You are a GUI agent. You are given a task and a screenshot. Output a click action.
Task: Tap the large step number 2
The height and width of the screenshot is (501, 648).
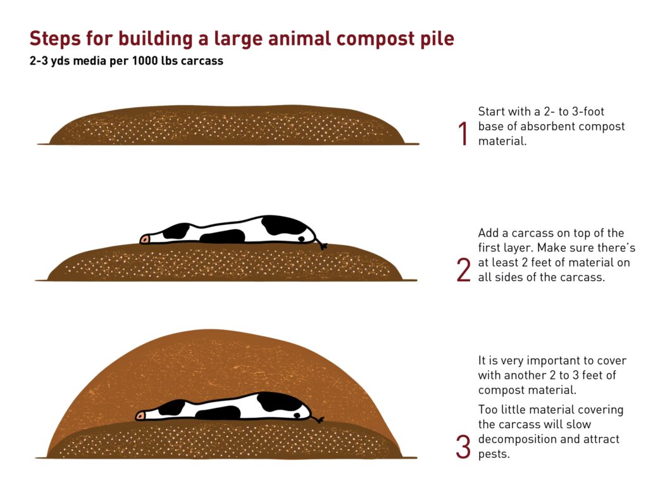(464, 270)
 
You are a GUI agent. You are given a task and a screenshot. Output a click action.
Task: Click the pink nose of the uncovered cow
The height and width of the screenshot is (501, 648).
(144, 239)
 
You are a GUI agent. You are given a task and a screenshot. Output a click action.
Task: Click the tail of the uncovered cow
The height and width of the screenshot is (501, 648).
(321, 243)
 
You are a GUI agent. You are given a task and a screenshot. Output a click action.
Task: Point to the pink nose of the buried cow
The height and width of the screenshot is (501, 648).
(140, 415)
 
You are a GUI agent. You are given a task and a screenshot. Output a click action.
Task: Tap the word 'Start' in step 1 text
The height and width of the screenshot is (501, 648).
(492, 111)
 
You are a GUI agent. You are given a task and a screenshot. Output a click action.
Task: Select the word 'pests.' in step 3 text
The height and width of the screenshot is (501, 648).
(494, 455)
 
